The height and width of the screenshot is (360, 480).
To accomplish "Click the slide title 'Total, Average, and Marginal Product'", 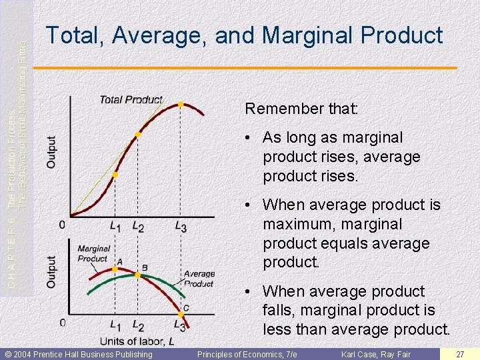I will point(244,35).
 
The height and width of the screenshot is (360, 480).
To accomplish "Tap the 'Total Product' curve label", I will point(131,99).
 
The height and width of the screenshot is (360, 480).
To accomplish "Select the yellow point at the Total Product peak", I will point(180,104).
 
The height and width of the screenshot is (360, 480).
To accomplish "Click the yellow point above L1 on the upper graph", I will point(115,175).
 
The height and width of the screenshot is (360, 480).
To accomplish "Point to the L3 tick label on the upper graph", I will point(181,227).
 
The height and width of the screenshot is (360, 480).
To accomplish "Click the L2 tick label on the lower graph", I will point(138,326).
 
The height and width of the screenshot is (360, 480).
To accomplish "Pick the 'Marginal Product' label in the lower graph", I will point(93,254).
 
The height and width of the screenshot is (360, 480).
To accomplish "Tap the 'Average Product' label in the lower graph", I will point(199,279).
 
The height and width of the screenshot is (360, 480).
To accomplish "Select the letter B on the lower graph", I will point(145,267).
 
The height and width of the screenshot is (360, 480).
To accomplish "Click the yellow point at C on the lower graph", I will point(181,314).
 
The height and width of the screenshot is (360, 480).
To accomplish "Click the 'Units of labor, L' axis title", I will point(138,341).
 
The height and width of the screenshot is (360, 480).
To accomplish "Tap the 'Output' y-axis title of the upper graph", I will point(51,152).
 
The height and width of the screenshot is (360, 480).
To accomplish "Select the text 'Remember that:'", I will point(302,109).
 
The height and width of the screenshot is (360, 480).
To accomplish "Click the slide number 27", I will point(460,354).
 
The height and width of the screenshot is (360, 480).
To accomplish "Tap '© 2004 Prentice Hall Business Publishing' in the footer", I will point(79,354).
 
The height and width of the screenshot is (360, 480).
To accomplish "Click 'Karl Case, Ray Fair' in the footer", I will point(376,354).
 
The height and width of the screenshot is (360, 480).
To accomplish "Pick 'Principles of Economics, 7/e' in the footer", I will point(247,354).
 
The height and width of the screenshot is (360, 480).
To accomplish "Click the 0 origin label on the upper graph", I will point(62,225).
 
